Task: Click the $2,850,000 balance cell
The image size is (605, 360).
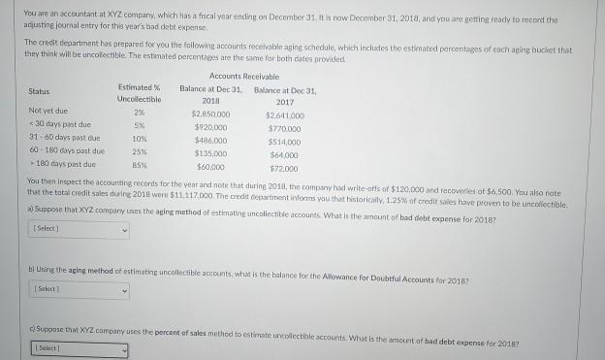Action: click(x=210, y=113)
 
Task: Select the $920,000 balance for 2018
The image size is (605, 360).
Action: click(x=210, y=126)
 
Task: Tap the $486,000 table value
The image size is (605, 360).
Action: click(x=210, y=139)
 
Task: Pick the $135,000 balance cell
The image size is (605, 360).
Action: click(x=210, y=151)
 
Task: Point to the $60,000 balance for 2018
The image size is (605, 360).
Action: click(x=210, y=164)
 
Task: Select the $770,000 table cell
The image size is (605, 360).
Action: click(x=285, y=126)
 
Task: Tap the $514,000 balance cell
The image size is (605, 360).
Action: click(x=285, y=139)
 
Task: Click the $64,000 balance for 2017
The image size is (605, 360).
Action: click(x=285, y=151)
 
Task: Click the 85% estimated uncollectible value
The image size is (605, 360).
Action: click(x=139, y=164)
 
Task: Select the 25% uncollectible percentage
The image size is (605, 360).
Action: click(x=139, y=151)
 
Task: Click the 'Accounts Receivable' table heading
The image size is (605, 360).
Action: click(x=243, y=76)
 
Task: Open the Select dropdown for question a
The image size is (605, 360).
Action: click(x=80, y=231)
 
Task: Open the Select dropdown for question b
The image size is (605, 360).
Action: click(x=80, y=289)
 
